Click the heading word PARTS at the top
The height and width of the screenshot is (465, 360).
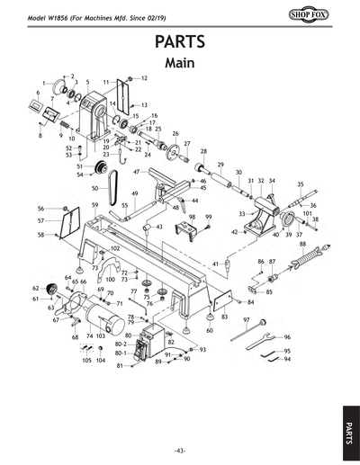click(x=180, y=41)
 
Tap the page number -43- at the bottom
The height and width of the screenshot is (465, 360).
click(x=180, y=450)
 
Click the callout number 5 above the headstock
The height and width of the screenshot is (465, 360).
click(x=87, y=82)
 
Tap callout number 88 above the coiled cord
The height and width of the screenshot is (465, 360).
click(x=302, y=244)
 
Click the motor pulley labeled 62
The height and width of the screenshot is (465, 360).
click(x=50, y=289)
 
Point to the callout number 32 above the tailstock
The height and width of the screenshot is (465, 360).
click(x=261, y=181)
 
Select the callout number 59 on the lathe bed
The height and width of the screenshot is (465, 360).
click(x=94, y=205)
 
